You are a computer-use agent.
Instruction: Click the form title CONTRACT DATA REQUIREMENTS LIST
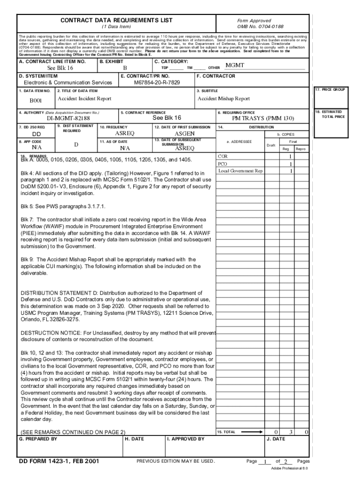click(x=116, y=20)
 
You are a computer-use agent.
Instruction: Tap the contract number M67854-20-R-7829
click(x=157, y=83)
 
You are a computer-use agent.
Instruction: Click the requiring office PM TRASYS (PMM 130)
click(x=263, y=118)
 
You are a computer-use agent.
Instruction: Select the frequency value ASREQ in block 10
click(x=124, y=134)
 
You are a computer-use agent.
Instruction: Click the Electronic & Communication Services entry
click(x=68, y=83)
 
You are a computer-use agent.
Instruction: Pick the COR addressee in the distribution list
click(x=223, y=156)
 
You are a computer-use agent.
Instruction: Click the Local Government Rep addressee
click(x=240, y=171)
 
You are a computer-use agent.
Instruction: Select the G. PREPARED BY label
click(x=38, y=439)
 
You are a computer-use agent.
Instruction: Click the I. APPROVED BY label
click(x=186, y=439)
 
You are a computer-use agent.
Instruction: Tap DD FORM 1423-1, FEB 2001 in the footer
click(x=58, y=462)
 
